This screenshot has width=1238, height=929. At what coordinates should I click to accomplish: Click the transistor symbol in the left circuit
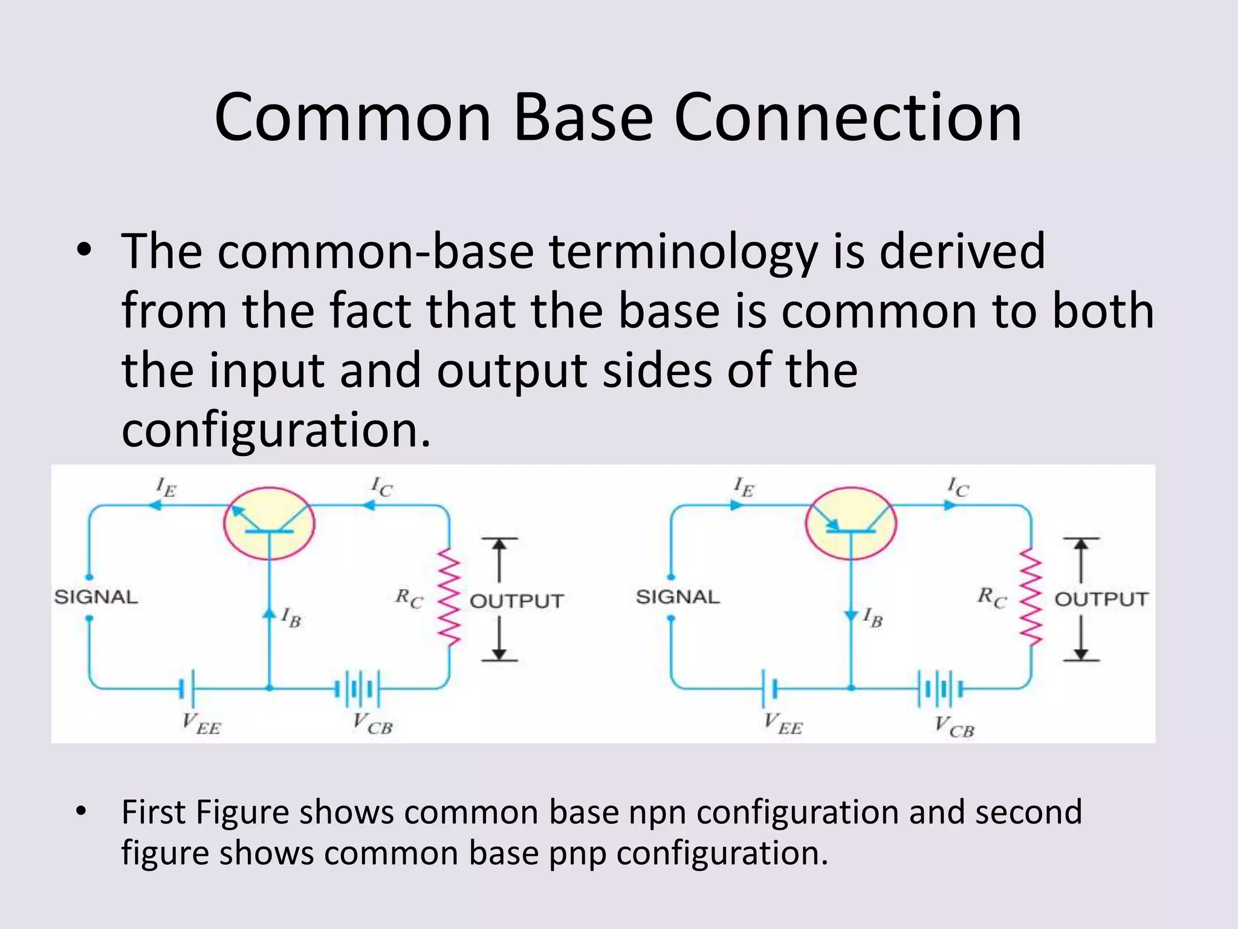click(270, 523)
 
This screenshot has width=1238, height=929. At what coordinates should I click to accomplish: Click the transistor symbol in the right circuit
click(851, 523)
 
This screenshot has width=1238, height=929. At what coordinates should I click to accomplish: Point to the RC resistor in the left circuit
click(450, 598)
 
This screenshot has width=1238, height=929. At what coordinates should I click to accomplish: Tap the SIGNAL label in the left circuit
click(96, 598)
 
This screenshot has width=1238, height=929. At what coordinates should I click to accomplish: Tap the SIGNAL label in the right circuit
click(678, 598)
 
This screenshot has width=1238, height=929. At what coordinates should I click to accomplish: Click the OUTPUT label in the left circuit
click(517, 601)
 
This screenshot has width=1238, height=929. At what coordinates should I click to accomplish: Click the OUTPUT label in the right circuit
click(1101, 599)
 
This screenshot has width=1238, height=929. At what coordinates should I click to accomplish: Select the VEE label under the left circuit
click(201, 724)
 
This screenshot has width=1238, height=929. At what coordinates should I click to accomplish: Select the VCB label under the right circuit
click(954, 726)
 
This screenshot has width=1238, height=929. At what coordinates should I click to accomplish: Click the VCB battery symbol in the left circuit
click(358, 688)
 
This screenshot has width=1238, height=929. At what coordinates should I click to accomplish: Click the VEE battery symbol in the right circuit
click(770, 688)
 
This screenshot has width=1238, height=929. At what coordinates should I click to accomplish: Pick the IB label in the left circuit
click(291, 618)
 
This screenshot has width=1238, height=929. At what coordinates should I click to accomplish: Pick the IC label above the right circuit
click(958, 486)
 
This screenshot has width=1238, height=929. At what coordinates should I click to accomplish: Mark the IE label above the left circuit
click(166, 486)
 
